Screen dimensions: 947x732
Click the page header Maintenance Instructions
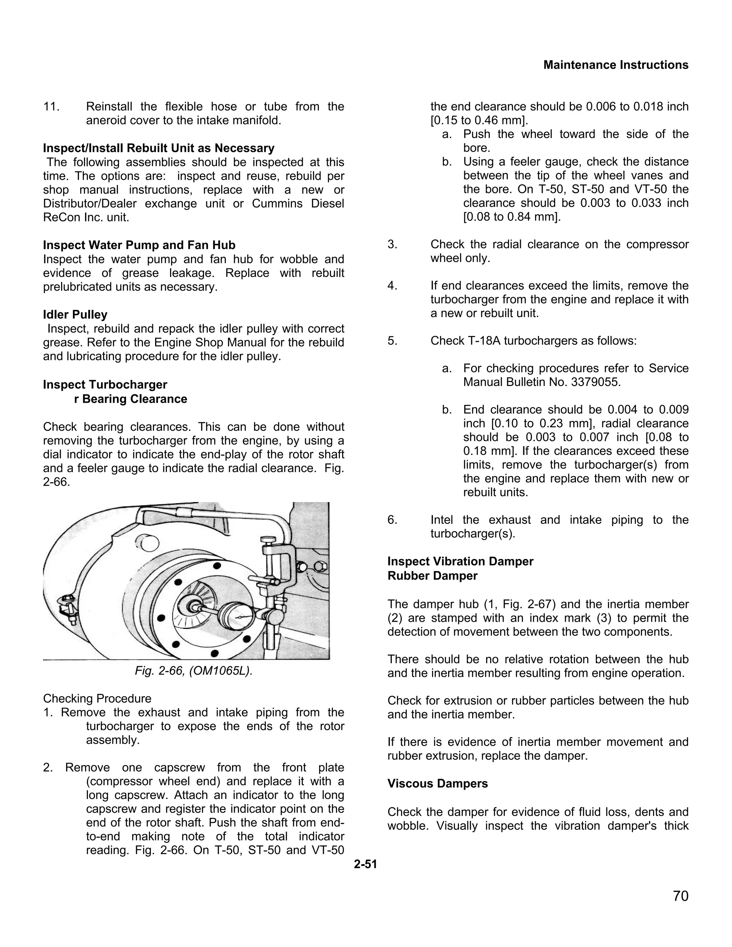click(x=616, y=65)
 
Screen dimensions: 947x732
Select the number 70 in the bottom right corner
click(x=681, y=896)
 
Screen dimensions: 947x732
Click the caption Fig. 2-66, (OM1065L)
click(x=193, y=671)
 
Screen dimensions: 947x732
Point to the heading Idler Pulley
click(x=75, y=314)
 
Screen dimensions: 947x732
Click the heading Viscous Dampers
click(x=437, y=784)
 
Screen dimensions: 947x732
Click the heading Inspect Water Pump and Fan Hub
click(x=139, y=245)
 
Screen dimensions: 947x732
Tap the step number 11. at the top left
click(x=51, y=106)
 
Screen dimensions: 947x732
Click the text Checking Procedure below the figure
click(x=97, y=699)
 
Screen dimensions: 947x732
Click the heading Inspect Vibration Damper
click(x=460, y=561)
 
